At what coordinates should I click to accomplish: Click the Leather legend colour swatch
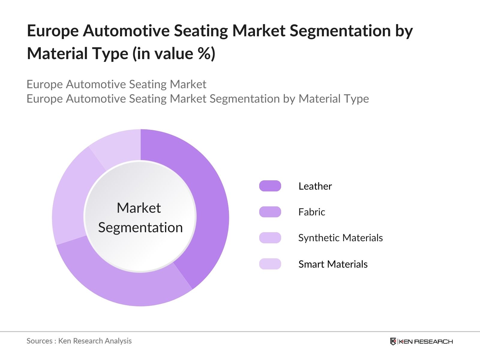coord(270,186)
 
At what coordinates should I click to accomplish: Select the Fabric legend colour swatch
coord(270,212)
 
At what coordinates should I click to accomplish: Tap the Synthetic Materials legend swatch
coord(270,238)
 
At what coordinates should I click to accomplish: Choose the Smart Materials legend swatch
coord(270,264)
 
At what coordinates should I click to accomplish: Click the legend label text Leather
coord(315,186)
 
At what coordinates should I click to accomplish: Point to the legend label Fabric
coord(311,212)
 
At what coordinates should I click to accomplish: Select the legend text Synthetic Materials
coord(340,238)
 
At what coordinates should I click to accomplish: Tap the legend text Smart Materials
coord(333,264)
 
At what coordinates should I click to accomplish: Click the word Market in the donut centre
coord(139,208)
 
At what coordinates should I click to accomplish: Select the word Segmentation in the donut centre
coord(140,228)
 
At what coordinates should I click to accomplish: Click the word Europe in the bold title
coord(53,31)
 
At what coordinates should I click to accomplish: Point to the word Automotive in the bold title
coord(126,31)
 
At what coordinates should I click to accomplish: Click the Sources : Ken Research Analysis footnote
coord(79,341)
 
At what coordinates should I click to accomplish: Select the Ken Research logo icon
coord(393,341)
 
